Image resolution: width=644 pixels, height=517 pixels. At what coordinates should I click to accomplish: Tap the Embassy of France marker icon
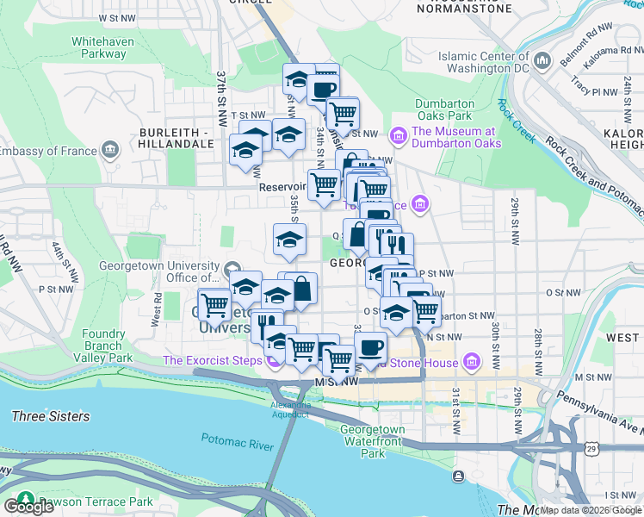[109, 152]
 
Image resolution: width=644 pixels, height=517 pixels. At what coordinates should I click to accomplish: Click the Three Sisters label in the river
[51, 417]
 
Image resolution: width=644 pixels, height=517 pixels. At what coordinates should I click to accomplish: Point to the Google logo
[28, 506]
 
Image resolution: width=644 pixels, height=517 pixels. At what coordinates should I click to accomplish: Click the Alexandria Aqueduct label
[290, 409]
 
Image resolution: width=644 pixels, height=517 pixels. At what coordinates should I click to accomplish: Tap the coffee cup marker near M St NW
[370, 348]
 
